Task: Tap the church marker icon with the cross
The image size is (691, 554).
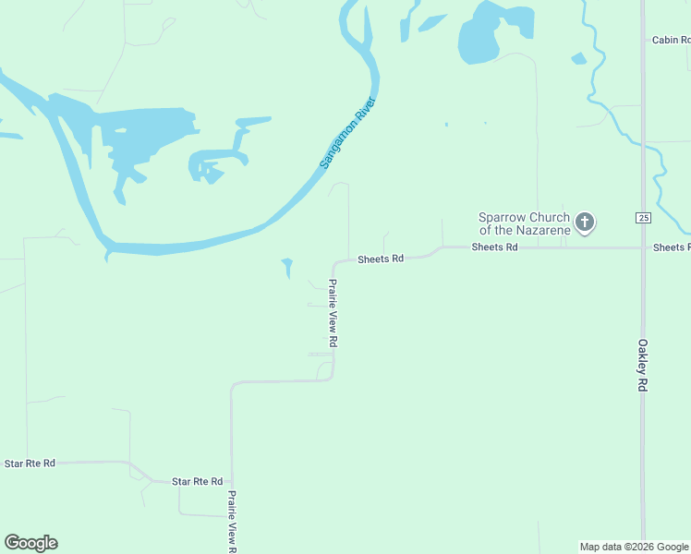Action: point(584,222)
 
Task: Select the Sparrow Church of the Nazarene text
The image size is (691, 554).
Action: point(523,223)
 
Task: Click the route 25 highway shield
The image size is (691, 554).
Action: point(643,217)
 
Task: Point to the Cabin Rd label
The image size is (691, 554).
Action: point(671,40)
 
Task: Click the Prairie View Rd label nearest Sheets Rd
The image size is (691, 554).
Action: point(333,313)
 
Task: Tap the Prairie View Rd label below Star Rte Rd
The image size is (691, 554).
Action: point(233,521)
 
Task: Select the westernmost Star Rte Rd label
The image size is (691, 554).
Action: point(30,463)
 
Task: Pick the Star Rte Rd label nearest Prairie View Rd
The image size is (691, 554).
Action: point(197,481)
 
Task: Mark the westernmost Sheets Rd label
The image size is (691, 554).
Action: point(381,259)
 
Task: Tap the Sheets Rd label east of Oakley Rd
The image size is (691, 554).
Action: point(671,247)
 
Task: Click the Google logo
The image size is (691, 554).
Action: point(30,543)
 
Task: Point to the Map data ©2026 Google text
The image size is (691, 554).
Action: point(633,547)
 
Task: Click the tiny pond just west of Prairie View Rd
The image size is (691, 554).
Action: point(287,268)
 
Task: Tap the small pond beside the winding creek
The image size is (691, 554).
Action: point(578,58)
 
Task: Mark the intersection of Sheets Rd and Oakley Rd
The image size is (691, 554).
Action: point(643,247)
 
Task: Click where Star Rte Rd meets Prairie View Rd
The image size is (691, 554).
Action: point(231,483)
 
